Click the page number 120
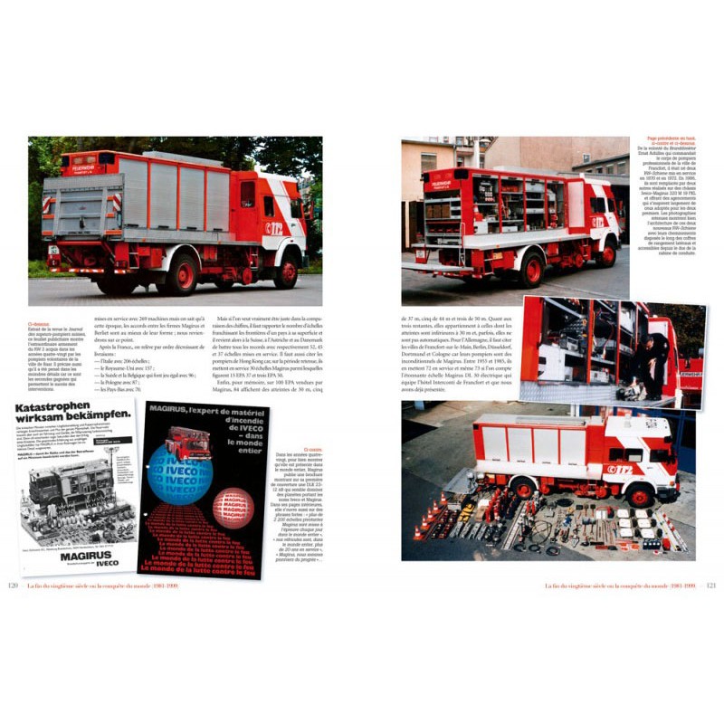coord(13,586)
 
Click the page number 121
coord(710,586)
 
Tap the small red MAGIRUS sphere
coord(233,508)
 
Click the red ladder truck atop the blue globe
coord(186,442)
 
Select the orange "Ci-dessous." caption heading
coord(41,319)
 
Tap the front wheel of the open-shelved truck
coord(605,253)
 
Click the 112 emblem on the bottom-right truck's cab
coord(624,470)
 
